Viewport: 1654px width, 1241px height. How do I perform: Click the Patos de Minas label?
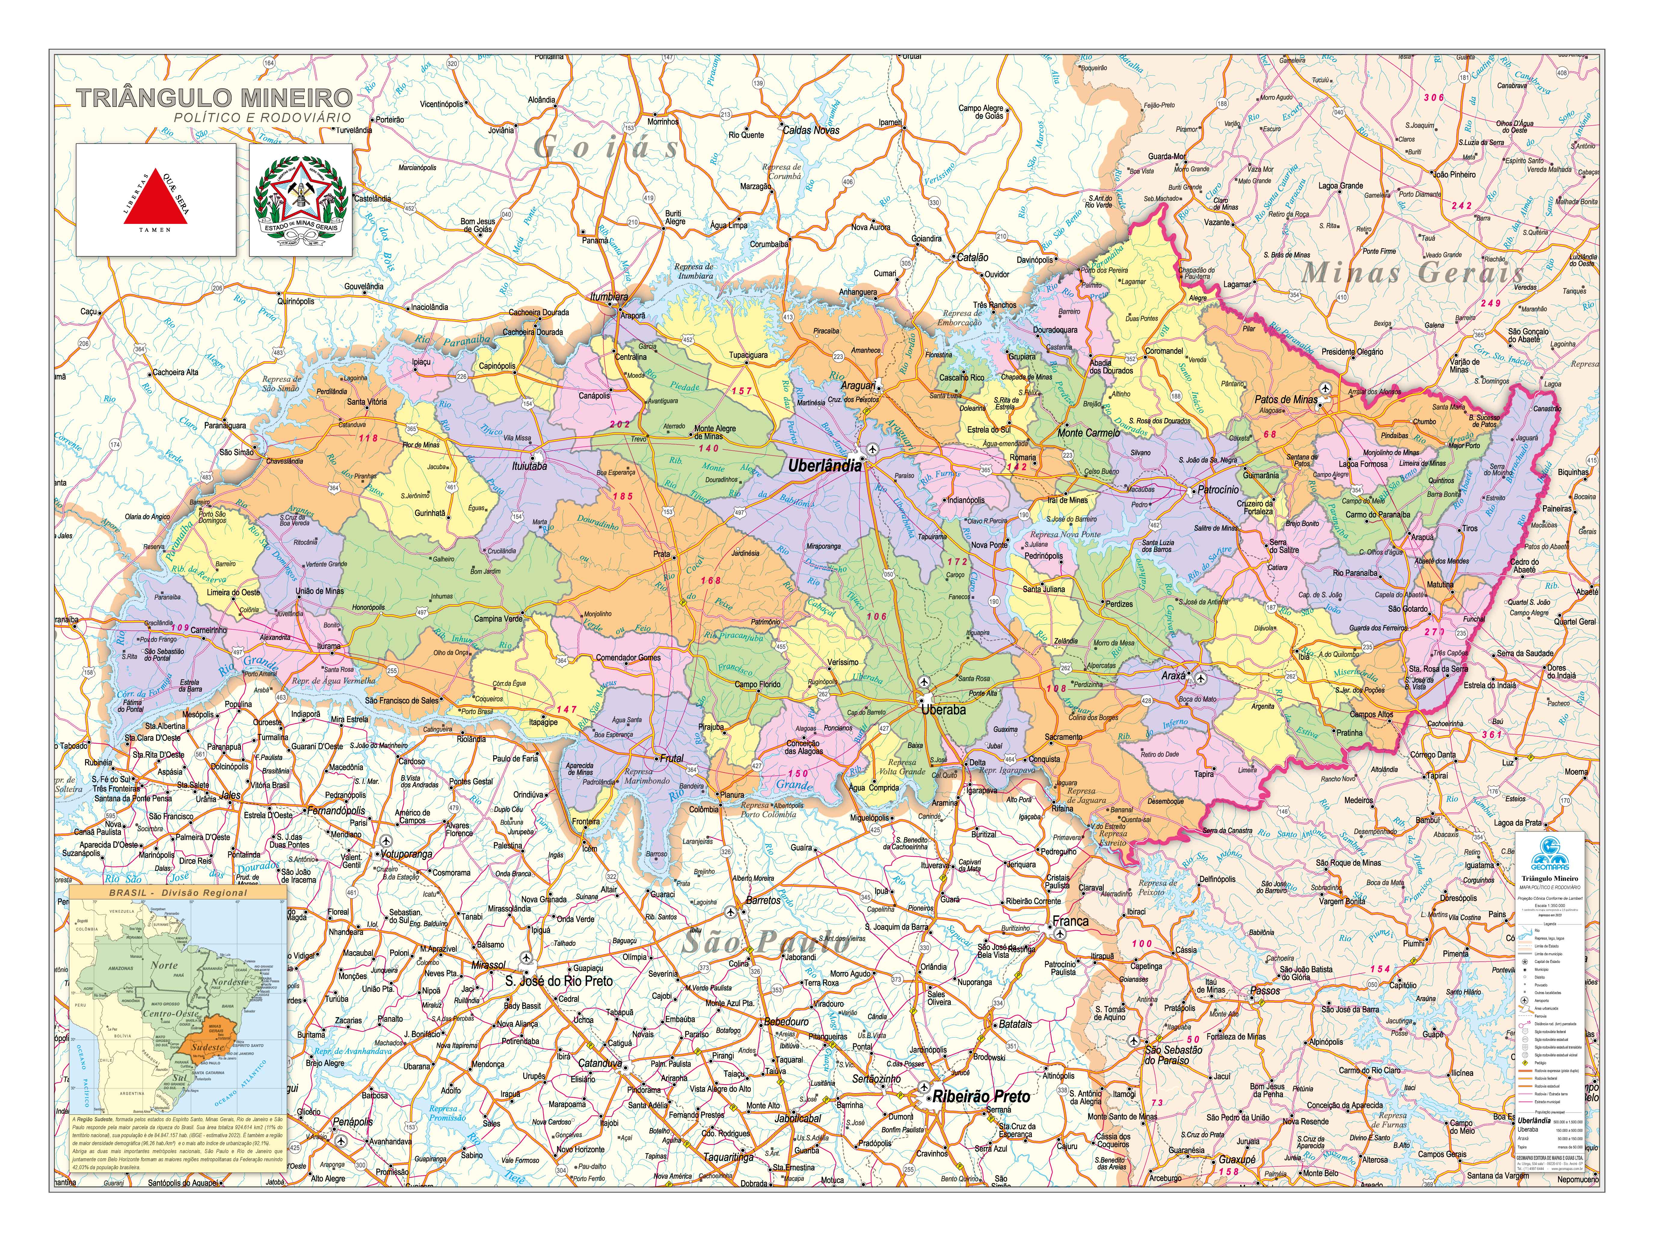(1285, 399)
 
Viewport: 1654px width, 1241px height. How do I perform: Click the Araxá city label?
(1173, 676)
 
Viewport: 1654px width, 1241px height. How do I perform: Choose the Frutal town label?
(672, 758)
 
